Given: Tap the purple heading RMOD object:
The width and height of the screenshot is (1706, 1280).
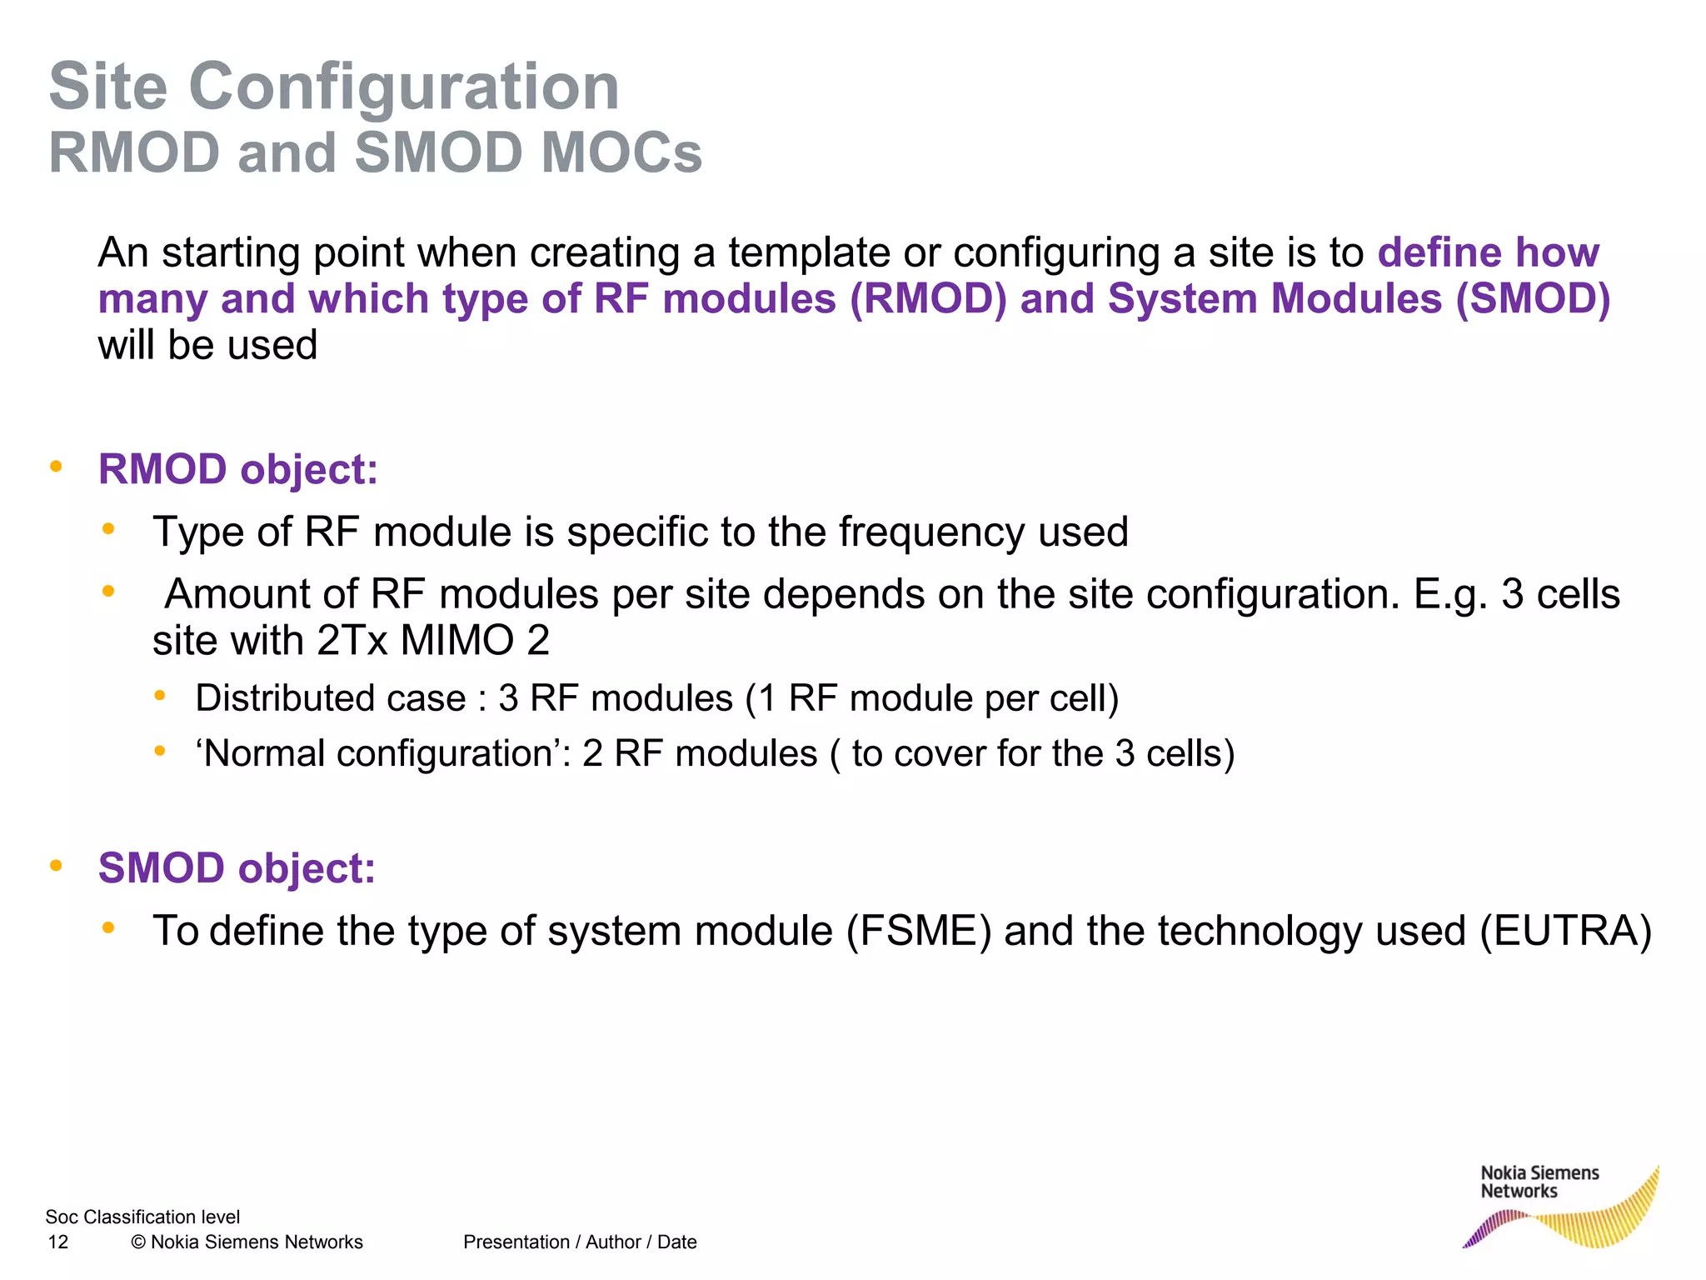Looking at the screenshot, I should (238, 469).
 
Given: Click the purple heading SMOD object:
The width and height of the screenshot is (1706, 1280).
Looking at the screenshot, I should (237, 868).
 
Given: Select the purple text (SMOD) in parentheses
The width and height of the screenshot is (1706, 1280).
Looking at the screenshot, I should (1533, 299).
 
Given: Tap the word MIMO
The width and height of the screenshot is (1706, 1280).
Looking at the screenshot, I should (457, 641).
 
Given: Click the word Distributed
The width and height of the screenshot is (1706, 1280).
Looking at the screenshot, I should (331, 698).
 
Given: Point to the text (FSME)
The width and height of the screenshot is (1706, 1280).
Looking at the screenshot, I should (919, 931).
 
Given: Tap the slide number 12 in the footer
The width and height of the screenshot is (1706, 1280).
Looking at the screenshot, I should (58, 1242).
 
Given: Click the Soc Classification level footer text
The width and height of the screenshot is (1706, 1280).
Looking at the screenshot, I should (142, 1217).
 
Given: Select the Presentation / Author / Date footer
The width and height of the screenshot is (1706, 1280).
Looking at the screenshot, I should (580, 1242).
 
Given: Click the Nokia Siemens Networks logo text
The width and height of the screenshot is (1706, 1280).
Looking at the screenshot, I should (1539, 1182).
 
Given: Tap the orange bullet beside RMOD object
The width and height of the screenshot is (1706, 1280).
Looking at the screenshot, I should (57, 466).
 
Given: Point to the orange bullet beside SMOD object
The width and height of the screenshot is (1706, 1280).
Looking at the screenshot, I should (57, 865).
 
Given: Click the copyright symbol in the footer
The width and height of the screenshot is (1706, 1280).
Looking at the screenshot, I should (138, 1242).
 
